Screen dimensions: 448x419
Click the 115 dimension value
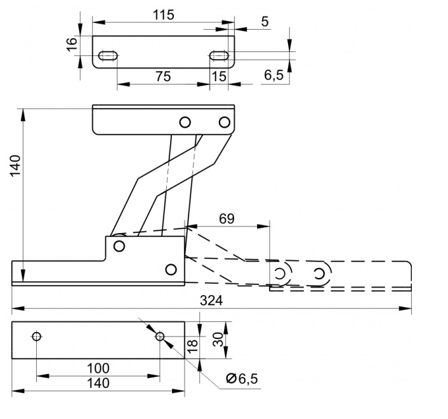[164, 15]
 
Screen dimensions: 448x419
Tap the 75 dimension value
[164, 77]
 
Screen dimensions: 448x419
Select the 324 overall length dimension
[211, 301]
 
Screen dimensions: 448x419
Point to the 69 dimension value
[227, 218]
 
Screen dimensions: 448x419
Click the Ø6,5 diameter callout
[242, 379]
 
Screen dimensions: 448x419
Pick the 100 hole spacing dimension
[98, 368]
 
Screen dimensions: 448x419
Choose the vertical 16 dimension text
[72, 44]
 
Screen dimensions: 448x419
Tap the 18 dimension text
[193, 346]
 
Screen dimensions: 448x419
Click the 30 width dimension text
[218, 340]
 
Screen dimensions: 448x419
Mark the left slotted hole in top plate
[108, 55]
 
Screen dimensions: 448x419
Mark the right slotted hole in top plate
[219, 55]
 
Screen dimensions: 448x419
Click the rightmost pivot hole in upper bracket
[225, 123]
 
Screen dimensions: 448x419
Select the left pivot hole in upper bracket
[185, 123]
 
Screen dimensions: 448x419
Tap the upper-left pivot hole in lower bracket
[119, 246]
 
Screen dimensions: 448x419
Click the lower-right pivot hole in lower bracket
[171, 270]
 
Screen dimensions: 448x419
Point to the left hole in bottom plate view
[37, 336]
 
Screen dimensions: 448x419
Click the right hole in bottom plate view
[160, 336]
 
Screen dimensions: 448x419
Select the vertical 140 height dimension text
[15, 166]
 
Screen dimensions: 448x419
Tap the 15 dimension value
[219, 77]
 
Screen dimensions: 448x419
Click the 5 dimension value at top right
[265, 22]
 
